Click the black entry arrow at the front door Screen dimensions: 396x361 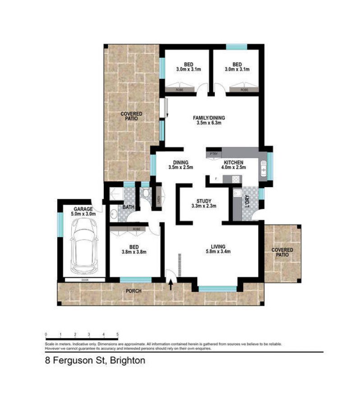click(171, 285)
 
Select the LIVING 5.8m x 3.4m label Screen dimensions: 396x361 click(221, 249)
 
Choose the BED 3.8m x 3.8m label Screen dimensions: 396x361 click(135, 249)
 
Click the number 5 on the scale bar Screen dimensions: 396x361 click(118, 334)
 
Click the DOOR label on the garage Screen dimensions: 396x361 click(84, 280)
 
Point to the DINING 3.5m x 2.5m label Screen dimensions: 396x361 click(180, 165)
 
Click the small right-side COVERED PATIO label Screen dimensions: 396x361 click(282, 252)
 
